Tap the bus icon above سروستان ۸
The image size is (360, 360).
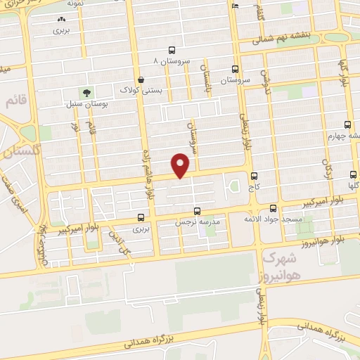pyautogui.click(x=172, y=50)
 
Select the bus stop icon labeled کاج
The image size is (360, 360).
pyautogui.click(x=254, y=176)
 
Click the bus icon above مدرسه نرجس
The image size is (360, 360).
pyautogui.click(x=197, y=210)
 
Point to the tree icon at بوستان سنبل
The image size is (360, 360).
pyautogui.click(x=86, y=92)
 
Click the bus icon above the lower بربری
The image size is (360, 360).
pyautogui.click(x=142, y=217)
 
